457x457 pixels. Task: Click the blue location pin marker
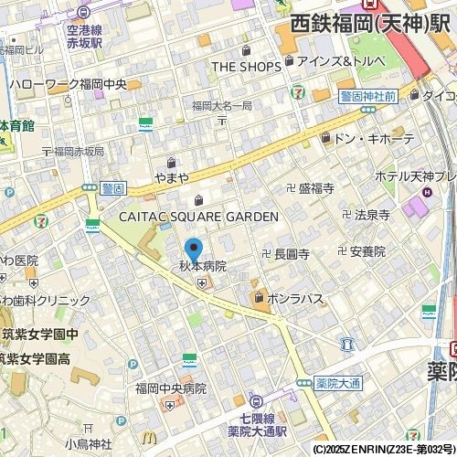pos(194,249)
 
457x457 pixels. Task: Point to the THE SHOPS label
pos(248,66)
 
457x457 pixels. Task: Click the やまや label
pos(172,177)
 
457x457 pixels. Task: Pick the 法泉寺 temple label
pos(372,216)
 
